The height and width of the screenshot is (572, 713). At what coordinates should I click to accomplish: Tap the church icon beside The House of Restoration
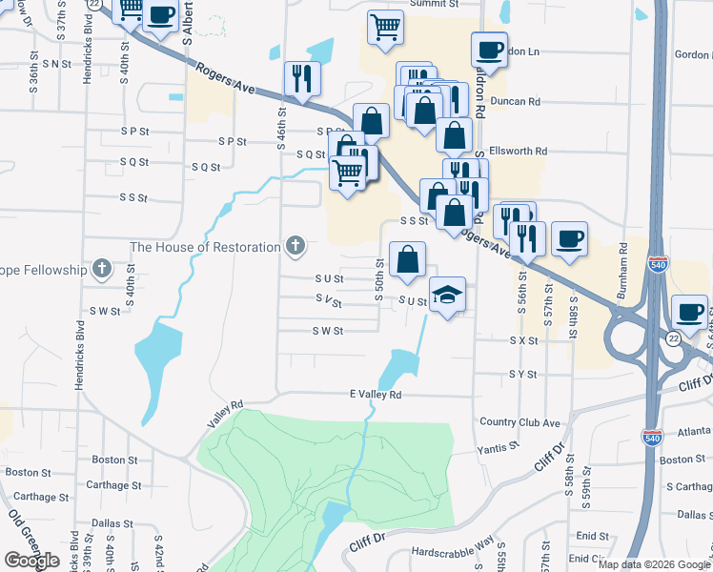295,247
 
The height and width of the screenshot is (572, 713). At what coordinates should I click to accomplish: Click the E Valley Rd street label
376,395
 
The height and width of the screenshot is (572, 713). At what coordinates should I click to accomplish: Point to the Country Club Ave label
520,422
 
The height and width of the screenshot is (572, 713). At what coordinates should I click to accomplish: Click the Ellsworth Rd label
518,151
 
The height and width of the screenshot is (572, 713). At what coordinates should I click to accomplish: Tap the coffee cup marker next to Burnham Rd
569,239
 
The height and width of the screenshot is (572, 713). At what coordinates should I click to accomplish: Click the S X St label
524,340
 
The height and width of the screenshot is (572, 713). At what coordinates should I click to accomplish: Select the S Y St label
523,375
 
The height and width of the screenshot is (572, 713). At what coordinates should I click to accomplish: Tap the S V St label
329,298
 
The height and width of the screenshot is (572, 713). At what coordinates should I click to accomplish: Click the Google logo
31,561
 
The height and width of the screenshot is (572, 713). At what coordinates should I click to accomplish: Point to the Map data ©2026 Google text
654,564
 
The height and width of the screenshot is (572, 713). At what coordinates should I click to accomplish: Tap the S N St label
57,64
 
